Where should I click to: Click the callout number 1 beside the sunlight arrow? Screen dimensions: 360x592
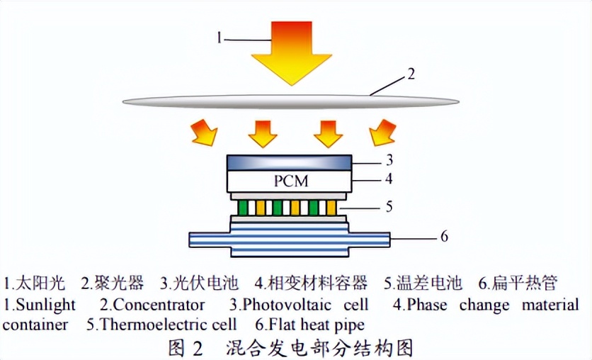[220, 38]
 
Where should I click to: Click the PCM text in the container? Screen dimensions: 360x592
[291, 181]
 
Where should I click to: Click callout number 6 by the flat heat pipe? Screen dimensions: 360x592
[444, 237]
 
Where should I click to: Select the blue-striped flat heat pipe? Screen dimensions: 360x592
[290, 238]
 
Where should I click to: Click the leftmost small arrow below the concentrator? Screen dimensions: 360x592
[206, 133]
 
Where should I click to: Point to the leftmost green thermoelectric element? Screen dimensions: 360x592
[242, 208]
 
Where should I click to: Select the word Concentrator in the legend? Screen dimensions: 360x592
[159, 305]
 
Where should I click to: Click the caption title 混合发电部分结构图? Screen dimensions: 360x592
[319, 347]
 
